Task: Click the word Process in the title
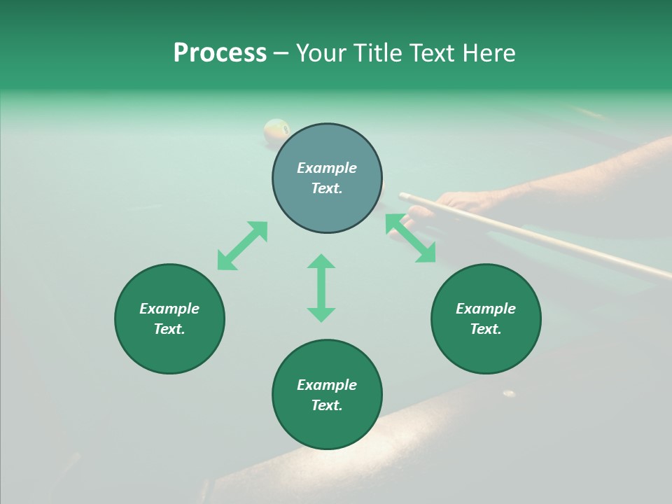click(220, 53)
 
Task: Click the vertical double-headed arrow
click(321, 288)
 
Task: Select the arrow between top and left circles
click(242, 246)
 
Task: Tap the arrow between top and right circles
click(411, 238)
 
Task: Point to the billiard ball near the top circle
click(276, 130)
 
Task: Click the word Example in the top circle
click(327, 168)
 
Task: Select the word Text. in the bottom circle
click(327, 405)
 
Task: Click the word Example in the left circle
click(169, 309)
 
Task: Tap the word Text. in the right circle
click(486, 329)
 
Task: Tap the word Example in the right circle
click(486, 309)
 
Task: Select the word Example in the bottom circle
click(327, 385)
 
